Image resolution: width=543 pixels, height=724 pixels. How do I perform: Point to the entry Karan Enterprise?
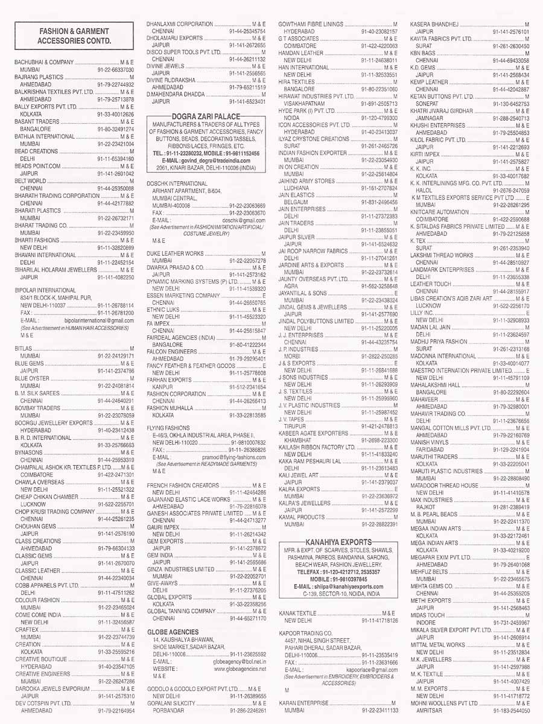pos(303,703)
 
